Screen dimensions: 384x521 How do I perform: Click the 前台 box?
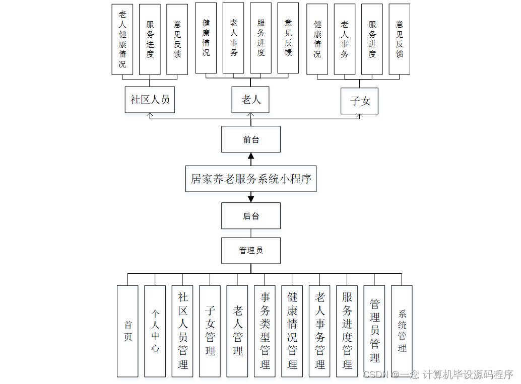coord(250,139)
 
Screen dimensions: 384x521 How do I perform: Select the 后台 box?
coord(250,216)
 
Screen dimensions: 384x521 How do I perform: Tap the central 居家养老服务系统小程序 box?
coord(251,179)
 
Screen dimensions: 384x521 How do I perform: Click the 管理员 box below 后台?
coord(250,250)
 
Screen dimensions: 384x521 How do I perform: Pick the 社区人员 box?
coord(150,99)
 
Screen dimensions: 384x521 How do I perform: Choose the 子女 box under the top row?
coord(359,101)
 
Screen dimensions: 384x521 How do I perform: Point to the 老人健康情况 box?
coord(122,40)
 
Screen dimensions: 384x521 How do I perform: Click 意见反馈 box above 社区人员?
coord(177,40)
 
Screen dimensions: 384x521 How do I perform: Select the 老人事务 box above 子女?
coord(345,39)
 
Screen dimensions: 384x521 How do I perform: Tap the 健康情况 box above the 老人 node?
coord(206,38)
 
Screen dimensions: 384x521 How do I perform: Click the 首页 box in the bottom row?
coord(127,331)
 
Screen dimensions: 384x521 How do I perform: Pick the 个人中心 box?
coord(155,331)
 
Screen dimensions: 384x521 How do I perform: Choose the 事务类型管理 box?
coord(265,331)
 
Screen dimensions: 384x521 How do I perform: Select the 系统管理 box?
coord(402,331)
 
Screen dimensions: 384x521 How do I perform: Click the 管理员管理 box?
coord(374,331)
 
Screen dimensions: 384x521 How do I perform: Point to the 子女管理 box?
coord(210,331)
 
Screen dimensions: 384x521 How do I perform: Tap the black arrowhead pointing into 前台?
coord(251,156)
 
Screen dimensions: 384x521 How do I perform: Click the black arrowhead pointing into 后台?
coord(251,199)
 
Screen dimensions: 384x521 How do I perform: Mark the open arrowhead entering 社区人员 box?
coord(149,115)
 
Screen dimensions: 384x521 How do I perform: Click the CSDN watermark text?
coord(437,374)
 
